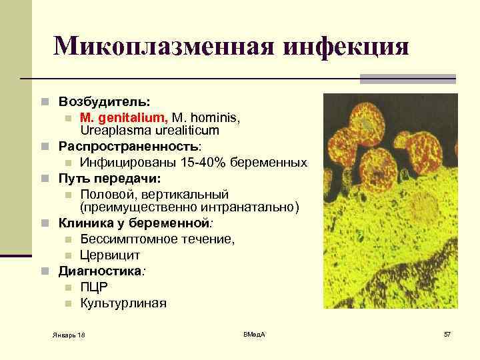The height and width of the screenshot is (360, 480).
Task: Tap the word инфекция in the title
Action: coord(345,47)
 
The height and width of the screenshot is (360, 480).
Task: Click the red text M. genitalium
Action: coord(123,117)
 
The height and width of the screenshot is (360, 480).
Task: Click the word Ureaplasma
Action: coord(113,131)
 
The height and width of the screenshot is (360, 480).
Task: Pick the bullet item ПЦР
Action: coord(94,287)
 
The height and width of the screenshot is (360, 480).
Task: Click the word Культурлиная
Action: coord(123,303)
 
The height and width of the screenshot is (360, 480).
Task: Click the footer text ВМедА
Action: coord(254,333)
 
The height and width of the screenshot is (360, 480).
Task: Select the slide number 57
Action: coord(447,333)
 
